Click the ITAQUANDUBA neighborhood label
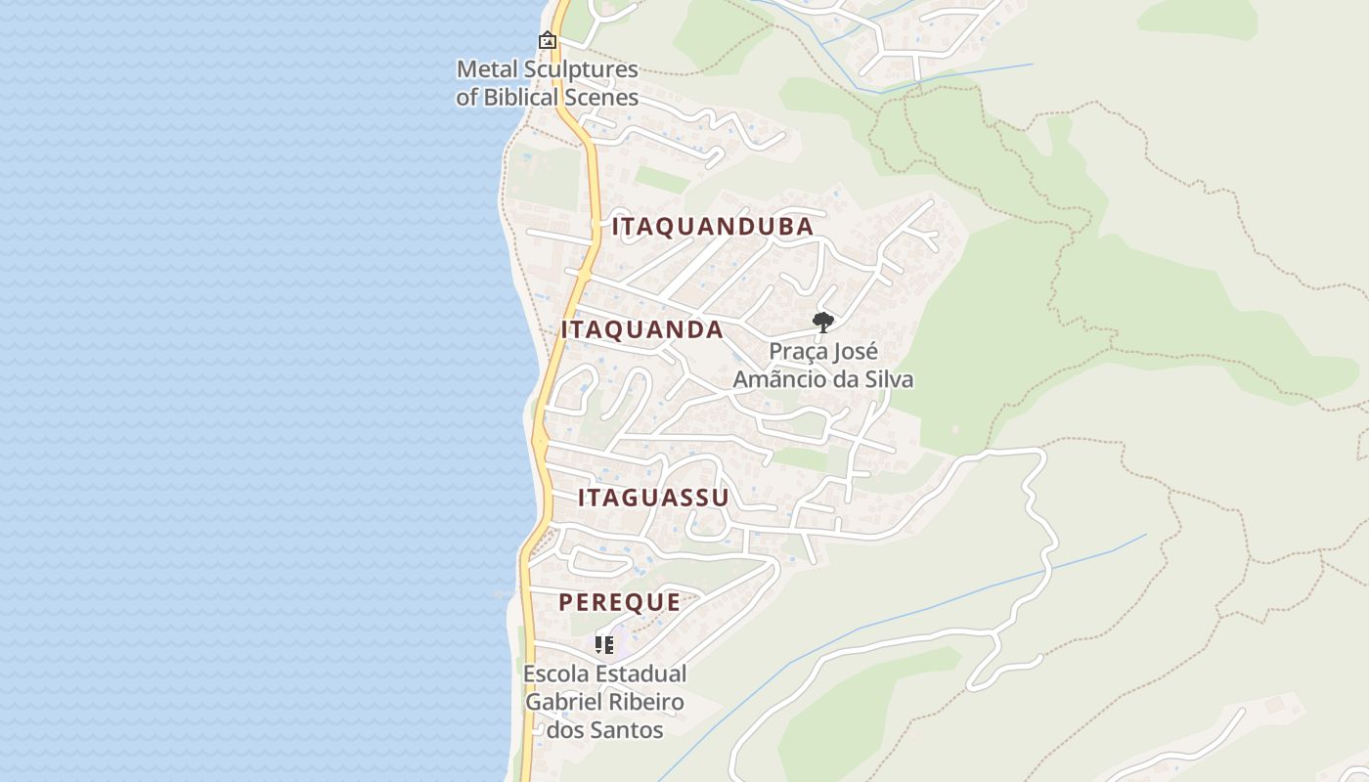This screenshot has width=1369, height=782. [x=713, y=227]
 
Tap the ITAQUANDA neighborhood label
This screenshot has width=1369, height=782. [x=642, y=330]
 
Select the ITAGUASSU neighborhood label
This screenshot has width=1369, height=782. [x=653, y=498]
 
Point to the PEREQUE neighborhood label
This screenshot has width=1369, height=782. [x=620, y=602]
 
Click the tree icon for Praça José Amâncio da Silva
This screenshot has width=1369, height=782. [x=823, y=322]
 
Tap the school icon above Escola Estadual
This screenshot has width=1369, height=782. [x=604, y=644]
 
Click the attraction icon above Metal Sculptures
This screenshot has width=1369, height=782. [x=548, y=40]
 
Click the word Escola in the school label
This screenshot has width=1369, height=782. [x=554, y=674]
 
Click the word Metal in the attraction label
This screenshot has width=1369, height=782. [x=484, y=69]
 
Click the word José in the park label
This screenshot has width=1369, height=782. [x=858, y=351]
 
